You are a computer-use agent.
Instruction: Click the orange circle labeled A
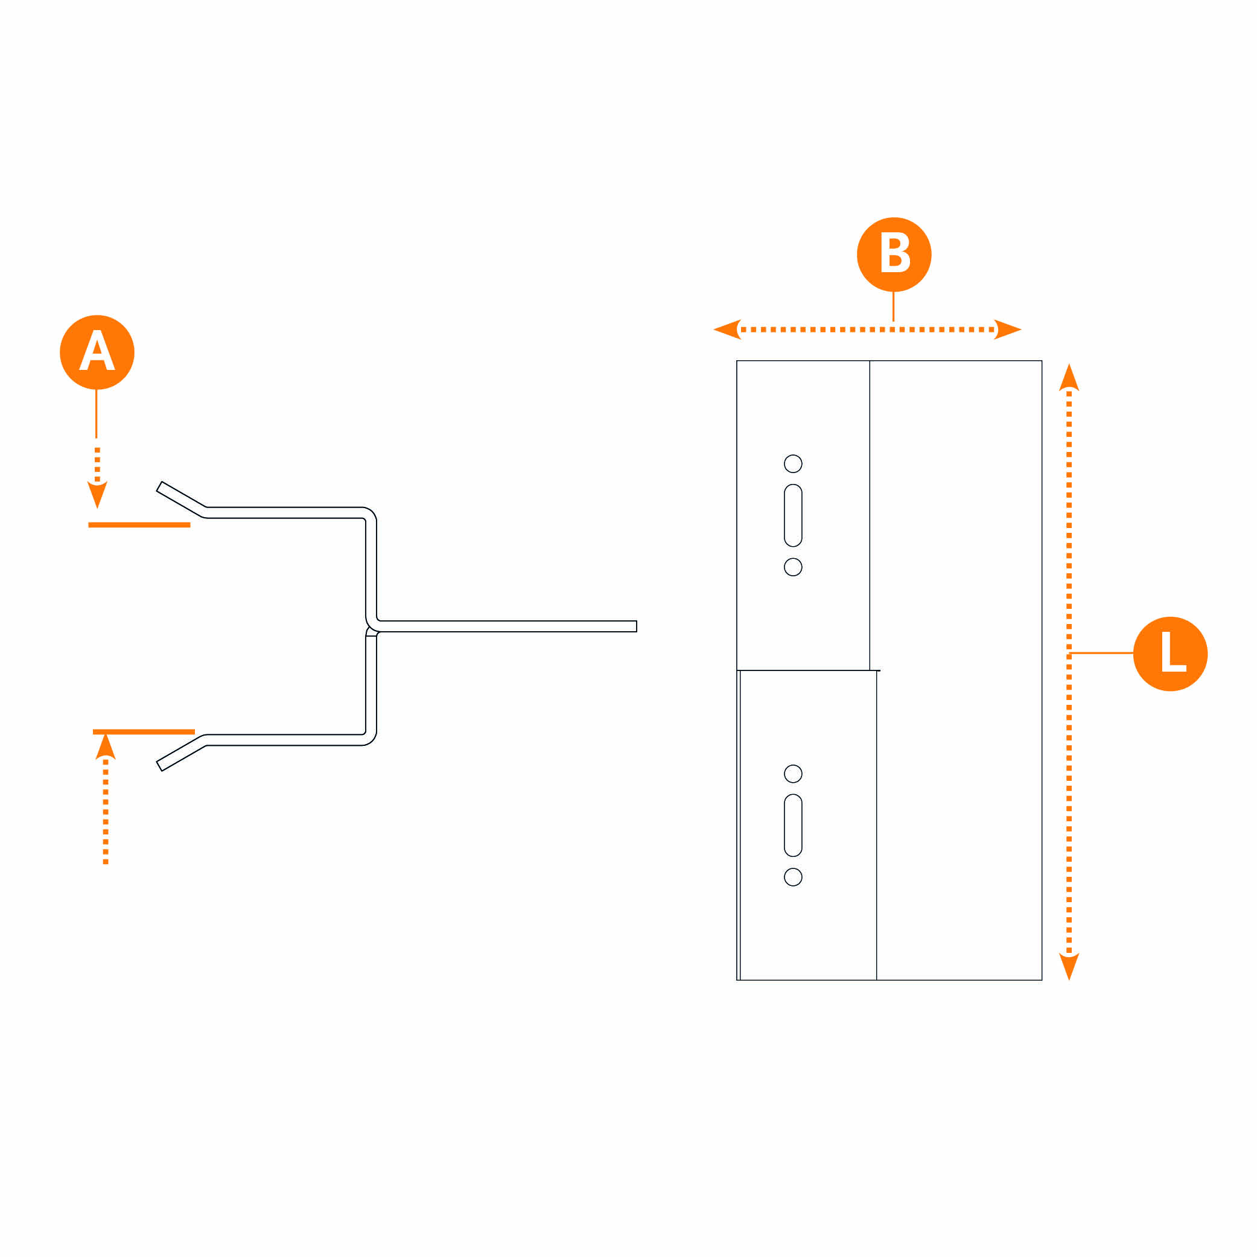(x=97, y=352)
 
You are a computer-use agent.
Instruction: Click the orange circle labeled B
(x=894, y=255)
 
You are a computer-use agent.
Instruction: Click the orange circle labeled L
(x=1171, y=654)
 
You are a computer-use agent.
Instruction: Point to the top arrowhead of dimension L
(x=1069, y=377)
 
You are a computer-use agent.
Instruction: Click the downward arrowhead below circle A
(x=98, y=494)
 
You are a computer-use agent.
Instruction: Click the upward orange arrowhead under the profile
(x=106, y=746)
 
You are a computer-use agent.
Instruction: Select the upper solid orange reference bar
(x=139, y=524)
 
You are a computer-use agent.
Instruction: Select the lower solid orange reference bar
(x=144, y=731)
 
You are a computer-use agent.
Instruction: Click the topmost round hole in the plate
(x=793, y=463)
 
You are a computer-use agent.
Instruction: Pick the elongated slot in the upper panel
(x=793, y=515)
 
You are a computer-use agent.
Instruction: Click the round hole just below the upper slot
(x=793, y=567)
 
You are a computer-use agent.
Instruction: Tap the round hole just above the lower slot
(x=793, y=774)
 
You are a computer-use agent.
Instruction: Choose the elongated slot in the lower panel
(x=793, y=826)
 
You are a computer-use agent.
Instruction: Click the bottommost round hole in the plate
(x=793, y=877)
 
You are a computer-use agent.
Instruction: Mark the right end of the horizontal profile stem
(x=636, y=626)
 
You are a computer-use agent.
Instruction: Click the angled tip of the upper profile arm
(x=159, y=486)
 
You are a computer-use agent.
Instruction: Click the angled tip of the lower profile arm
(x=159, y=766)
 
